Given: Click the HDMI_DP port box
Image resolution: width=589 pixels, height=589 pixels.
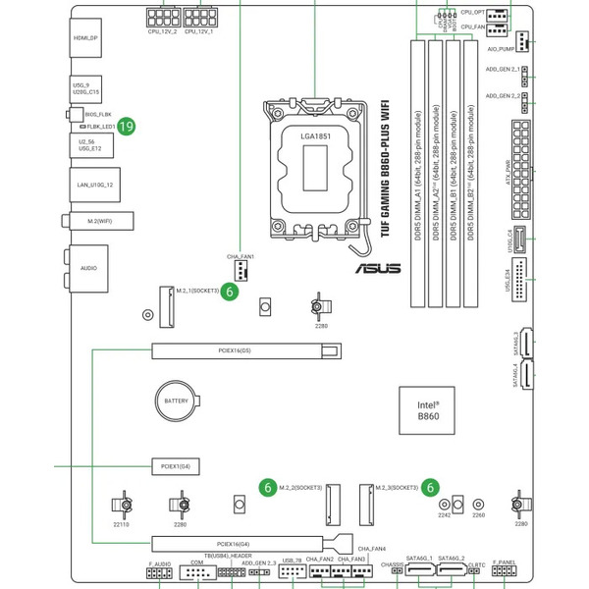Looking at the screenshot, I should click(86, 38).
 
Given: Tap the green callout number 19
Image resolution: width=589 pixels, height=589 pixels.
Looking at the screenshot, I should click(127, 126).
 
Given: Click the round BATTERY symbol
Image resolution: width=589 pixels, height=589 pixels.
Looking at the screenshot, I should click(176, 402).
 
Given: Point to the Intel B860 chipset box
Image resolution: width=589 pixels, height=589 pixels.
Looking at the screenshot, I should click(428, 409).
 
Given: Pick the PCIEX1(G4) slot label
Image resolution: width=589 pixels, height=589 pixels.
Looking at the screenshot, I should click(177, 464).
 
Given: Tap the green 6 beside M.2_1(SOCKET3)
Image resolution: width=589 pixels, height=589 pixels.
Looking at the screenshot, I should click(228, 292).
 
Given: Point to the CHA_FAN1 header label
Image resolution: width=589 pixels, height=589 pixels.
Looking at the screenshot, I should click(241, 256).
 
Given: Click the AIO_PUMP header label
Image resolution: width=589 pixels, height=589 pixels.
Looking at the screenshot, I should click(501, 48).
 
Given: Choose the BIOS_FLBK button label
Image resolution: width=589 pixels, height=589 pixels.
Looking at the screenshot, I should click(99, 115).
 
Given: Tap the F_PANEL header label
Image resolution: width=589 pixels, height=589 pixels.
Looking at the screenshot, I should click(504, 562).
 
